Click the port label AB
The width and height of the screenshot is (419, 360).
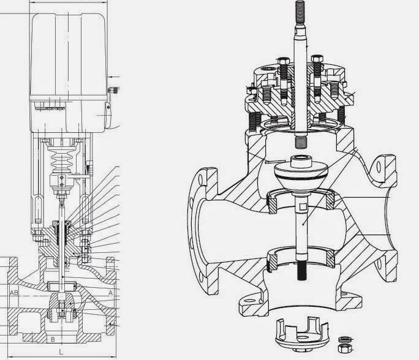pyautogui.click(x=13, y=293)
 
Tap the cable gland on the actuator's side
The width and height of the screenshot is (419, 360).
pyautogui.click(x=113, y=91)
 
